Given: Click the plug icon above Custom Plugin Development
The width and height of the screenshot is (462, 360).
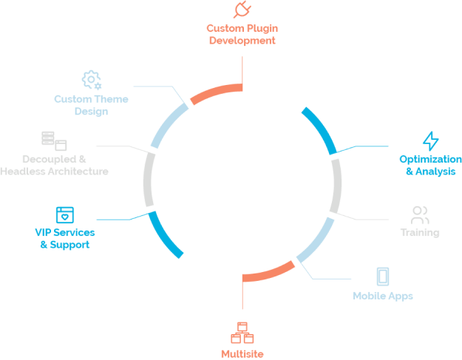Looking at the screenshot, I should tap(242, 10).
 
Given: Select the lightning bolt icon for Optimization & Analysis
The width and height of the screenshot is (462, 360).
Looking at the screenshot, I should tap(430, 140).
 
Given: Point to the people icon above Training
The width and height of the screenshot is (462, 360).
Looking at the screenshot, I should tap(419, 216).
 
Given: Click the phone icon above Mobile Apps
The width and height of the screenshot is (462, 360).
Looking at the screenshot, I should tap(382, 276).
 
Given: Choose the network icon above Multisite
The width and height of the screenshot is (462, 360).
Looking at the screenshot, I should tap(242, 332).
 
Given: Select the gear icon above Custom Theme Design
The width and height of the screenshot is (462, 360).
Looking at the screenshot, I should tap(91, 79).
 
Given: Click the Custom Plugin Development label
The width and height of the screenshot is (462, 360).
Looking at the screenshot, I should tap(242, 35).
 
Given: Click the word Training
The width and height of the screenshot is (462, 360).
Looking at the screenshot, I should tap(419, 233).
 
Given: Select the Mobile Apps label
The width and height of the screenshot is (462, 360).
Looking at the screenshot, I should tap(382, 296).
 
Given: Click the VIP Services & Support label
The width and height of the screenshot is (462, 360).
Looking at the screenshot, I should tap(65, 238).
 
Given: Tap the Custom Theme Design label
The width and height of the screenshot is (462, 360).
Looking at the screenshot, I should tap(91, 105).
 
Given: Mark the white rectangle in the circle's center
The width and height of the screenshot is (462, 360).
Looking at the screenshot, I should tap(242, 180).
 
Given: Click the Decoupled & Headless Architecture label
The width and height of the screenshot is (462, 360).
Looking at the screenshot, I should tap(54, 166).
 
